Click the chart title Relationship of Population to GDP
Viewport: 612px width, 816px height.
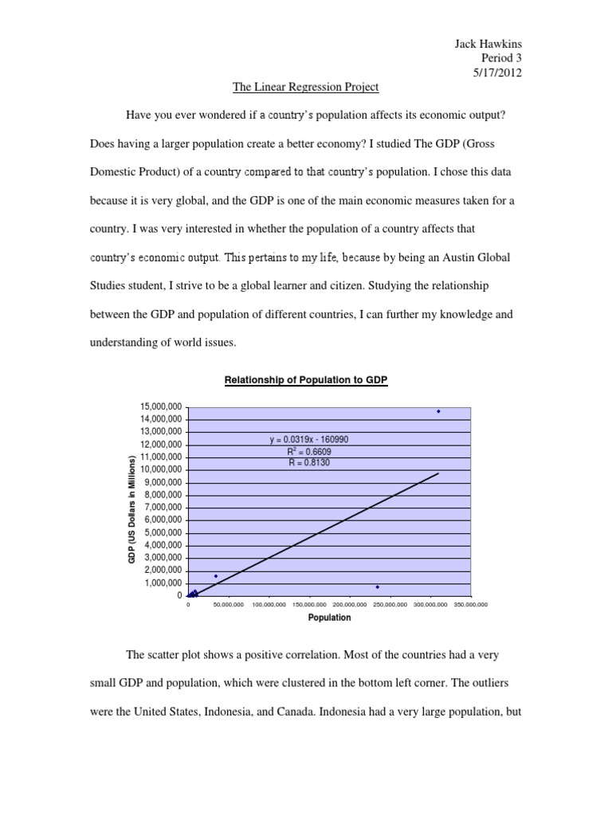(306, 381)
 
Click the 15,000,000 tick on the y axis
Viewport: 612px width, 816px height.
(160, 406)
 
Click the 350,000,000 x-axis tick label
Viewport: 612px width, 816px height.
(470, 606)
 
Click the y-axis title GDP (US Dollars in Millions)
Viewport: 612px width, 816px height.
(132, 509)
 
